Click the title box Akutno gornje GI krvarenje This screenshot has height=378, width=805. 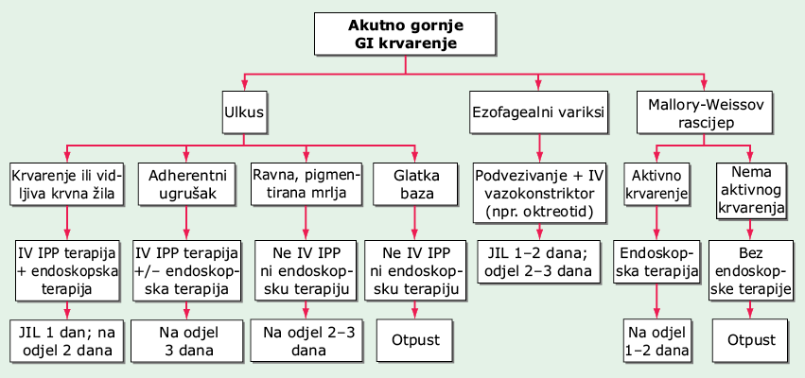pos(405,34)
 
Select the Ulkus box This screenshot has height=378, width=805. pos(244,112)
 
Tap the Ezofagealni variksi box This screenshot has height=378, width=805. pos(538,112)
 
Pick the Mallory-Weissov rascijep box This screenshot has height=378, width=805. pos(705,112)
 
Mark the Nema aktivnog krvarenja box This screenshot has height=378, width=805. pos(750,191)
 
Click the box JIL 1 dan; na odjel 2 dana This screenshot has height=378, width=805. pos(67,341)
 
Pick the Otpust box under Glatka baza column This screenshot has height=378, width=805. pos(415,340)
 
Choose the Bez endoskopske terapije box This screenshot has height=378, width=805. pos(750,270)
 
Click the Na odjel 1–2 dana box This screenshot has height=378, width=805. pos(656,341)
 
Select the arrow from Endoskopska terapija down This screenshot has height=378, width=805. pos(656,301)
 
